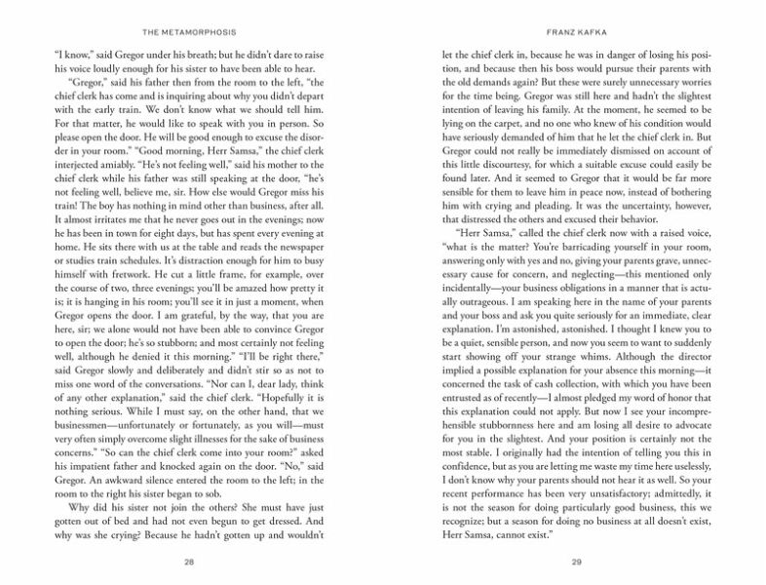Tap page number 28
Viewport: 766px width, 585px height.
tap(201, 562)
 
